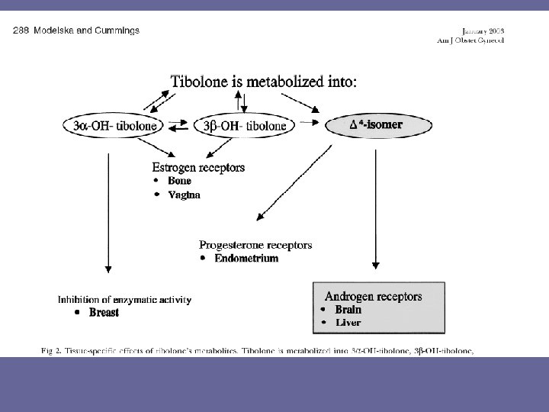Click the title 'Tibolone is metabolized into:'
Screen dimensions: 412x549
click(262, 81)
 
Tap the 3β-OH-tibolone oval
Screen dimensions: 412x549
click(242, 125)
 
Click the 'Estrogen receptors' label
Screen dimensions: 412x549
click(198, 167)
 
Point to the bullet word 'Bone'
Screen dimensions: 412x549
click(180, 181)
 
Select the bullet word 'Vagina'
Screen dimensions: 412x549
click(185, 195)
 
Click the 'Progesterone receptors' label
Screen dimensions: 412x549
click(255, 245)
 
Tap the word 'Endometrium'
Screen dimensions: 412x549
click(246, 259)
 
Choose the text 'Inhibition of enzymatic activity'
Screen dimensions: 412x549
click(125, 299)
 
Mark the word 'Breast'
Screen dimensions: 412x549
click(104, 313)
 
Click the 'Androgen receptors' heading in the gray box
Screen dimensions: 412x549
click(373, 296)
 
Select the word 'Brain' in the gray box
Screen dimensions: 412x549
click(348, 310)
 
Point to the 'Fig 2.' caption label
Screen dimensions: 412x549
click(53, 351)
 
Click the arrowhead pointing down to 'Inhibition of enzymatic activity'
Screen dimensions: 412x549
click(108, 269)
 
